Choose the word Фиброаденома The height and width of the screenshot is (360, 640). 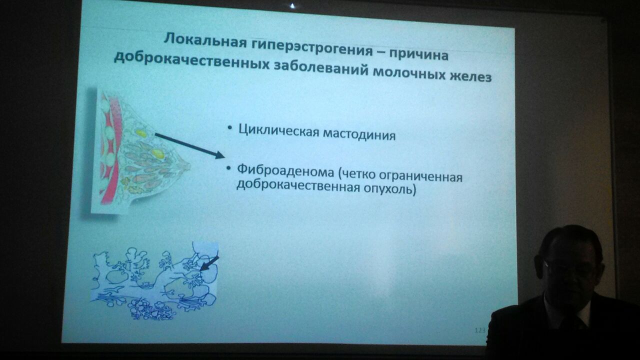pos(285,171)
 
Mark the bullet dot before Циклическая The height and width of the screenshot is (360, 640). pos(229,129)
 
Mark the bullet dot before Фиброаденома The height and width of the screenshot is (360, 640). pos(228,168)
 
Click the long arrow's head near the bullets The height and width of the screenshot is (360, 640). pos(219,155)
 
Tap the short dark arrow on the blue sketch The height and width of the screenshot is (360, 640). pos(209,263)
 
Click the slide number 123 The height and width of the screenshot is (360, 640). pos(479,330)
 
